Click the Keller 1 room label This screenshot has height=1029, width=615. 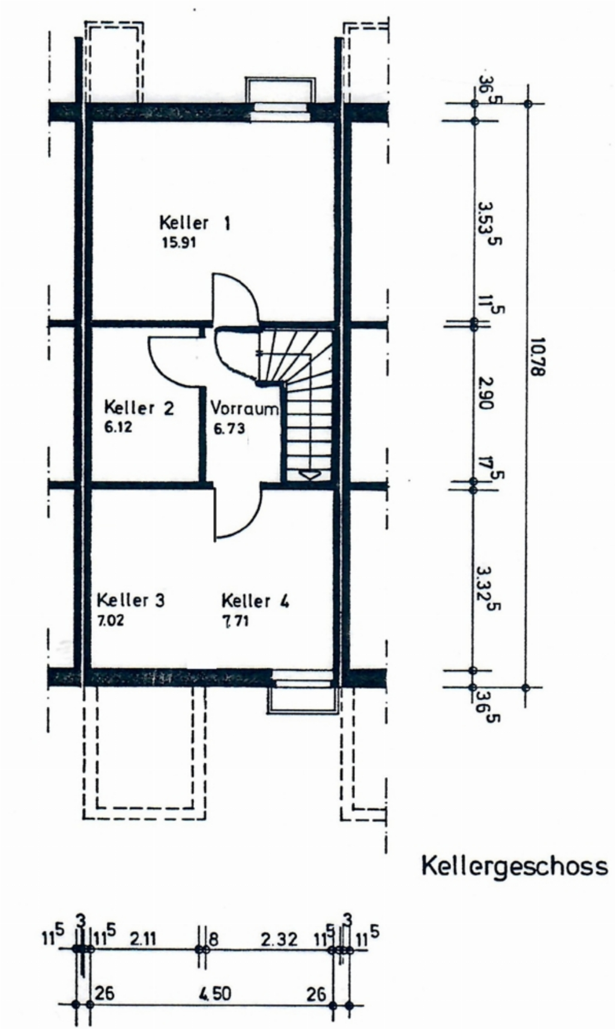click(195, 224)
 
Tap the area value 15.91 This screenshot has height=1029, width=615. click(179, 243)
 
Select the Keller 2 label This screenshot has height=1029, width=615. click(139, 408)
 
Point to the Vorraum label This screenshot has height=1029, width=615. click(244, 408)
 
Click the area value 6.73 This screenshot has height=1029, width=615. click(229, 428)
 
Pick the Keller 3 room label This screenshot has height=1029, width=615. click(131, 600)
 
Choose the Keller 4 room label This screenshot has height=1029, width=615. click(255, 601)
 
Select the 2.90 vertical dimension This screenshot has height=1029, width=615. click(485, 393)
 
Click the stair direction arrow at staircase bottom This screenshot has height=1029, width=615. click(308, 474)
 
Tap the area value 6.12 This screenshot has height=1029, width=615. click(118, 428)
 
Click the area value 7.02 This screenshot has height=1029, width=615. click(110, 621)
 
